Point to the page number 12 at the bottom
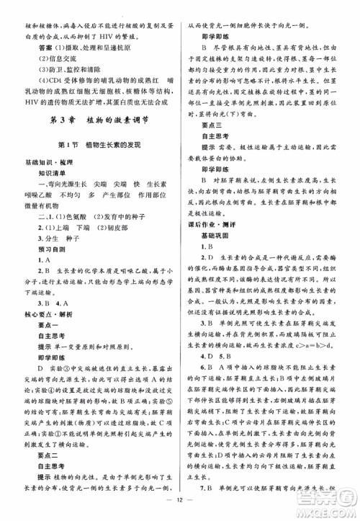pos(180,509)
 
